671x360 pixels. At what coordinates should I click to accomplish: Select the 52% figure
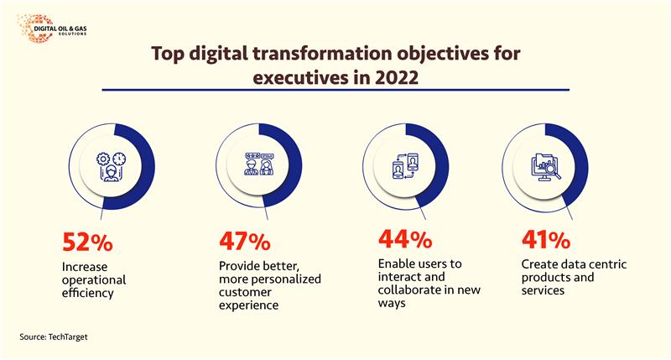point(88,243)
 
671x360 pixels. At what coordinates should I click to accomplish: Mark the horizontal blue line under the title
point(335,90)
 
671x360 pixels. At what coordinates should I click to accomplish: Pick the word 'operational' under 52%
point(94,280)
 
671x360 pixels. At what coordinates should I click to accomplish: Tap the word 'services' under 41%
point(536,293)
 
